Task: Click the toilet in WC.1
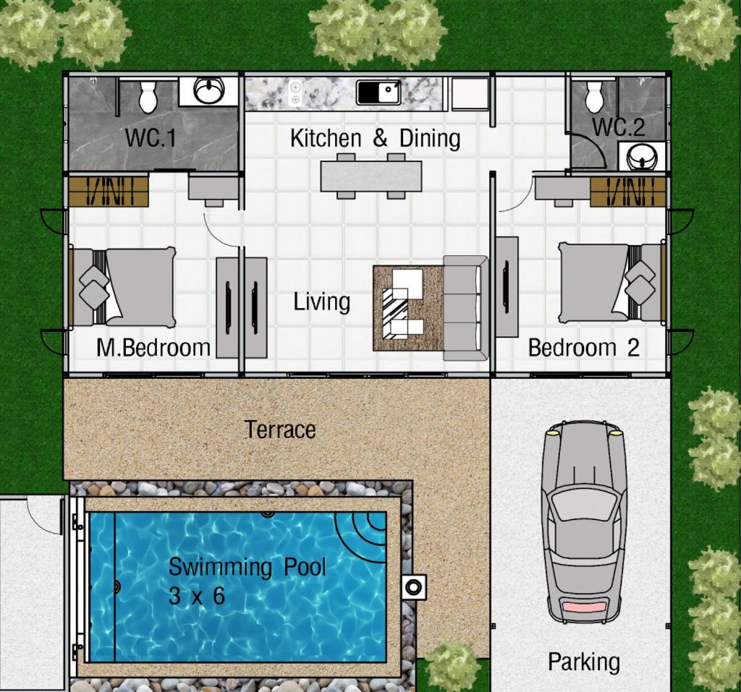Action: point(148,96)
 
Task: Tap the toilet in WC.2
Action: point(594,97)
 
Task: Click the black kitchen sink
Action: point(379,92)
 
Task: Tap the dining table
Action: point(371,176)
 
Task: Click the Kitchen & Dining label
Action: point(376,138)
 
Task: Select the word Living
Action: point(322,302)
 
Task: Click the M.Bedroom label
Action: point(153,348)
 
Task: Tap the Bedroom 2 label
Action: point(584,348)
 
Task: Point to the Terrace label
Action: point(281,430)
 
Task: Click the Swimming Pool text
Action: point(247,567)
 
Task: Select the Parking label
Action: point(584,662)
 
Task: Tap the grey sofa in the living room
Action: point(465,309)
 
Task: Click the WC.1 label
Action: point(151,138)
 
